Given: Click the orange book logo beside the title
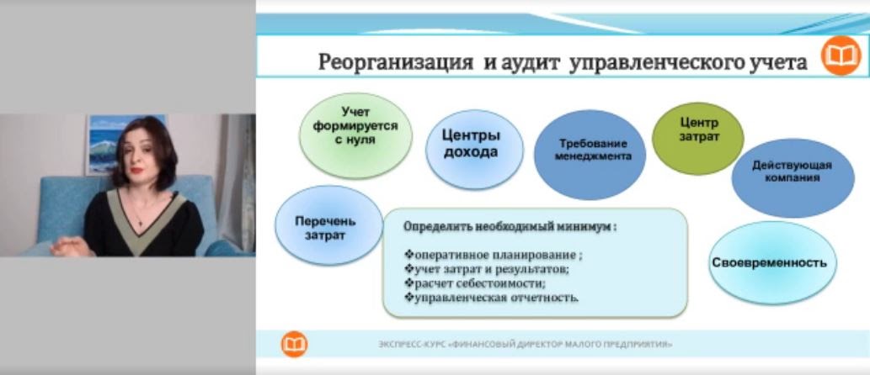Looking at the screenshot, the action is [x=841, y=55].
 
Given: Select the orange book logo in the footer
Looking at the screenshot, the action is [x=295, y=344].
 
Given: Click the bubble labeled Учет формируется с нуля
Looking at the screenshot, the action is [x=355, y=135].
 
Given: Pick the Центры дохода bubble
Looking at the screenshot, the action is [x=474, y=150].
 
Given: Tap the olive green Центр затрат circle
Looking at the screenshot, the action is [x=698, y=139].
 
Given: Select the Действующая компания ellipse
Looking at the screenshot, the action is [x=793, y=177].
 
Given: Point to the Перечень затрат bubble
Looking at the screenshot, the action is [x=329, y=225].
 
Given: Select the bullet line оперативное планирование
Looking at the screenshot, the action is [x=494, y=256].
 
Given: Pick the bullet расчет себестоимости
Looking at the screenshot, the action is [x=475, y=283].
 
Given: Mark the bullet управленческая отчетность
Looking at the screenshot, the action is [x=492, y=298].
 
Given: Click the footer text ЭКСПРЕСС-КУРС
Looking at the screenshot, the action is [x=411, y=345].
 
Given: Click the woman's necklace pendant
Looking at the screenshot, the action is [x=140, y=223].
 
